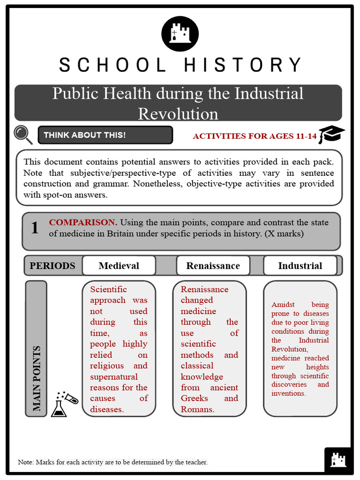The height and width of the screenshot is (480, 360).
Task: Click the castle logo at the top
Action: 180,34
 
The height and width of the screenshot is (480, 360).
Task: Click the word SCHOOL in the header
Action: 112,65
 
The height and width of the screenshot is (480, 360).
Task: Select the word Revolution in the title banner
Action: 178,113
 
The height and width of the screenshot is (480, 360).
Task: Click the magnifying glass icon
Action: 23,135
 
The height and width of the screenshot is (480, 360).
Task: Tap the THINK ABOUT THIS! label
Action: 85,135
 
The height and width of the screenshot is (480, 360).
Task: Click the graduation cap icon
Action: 331,135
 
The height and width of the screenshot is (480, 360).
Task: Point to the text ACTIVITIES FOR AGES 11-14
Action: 255,136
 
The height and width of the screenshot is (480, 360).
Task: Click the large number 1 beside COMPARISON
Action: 35,228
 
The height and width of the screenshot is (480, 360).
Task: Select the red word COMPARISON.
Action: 83,222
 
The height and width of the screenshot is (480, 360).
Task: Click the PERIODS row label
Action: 52,266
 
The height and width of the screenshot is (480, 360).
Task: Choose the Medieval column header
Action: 119,266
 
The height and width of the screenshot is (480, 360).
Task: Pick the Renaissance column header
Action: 213,266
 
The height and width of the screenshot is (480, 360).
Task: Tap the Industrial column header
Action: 300,266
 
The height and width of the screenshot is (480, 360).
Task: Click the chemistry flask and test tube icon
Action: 64,404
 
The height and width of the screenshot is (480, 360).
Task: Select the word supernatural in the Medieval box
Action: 114,376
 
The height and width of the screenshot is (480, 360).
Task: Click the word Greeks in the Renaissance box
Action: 195,398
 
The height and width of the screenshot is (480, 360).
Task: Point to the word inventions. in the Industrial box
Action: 288,393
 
